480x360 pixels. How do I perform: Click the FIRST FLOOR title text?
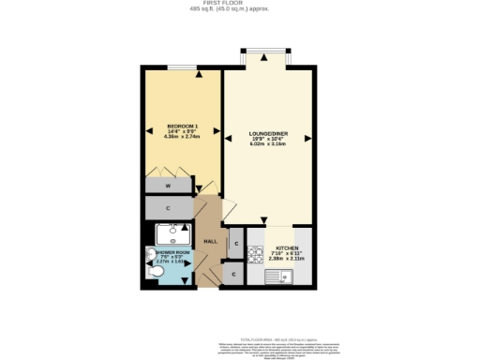pos(239,5)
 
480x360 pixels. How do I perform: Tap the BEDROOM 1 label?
pos(181,125)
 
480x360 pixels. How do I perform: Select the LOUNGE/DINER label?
pos(268,134)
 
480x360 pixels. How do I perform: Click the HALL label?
pos(210,242)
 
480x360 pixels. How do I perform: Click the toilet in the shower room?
pos(155,272)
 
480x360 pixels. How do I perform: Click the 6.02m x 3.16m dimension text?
pos(268,145)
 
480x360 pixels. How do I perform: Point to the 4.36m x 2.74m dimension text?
pos(181,137)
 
